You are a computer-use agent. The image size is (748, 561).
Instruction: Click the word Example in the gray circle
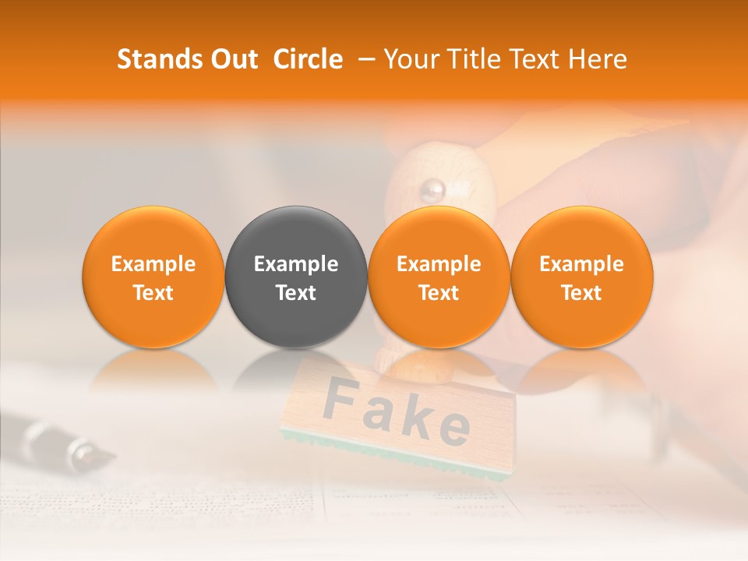click(x=296, y=264)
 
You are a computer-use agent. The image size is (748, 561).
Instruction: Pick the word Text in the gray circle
click(x=296, y=293)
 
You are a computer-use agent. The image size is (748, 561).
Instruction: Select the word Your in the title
click(x=408, y=59)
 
